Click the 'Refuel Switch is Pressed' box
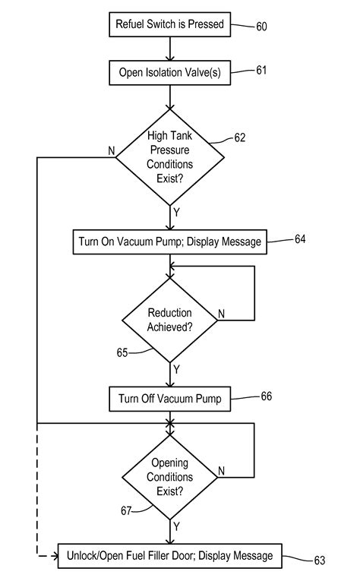coord(169,24)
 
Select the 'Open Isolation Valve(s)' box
coord(169,73)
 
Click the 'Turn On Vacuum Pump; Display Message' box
coord(169,242)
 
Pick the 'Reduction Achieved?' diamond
coord(170,320)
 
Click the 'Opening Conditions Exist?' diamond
coord(170,476)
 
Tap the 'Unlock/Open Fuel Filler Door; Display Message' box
coord(169,556)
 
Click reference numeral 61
coord(261,71)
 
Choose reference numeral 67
coord(126,510)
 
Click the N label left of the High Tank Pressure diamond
coord(111,151)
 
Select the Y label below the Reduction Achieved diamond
coord(176,369)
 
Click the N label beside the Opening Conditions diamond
coord(222,471)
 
